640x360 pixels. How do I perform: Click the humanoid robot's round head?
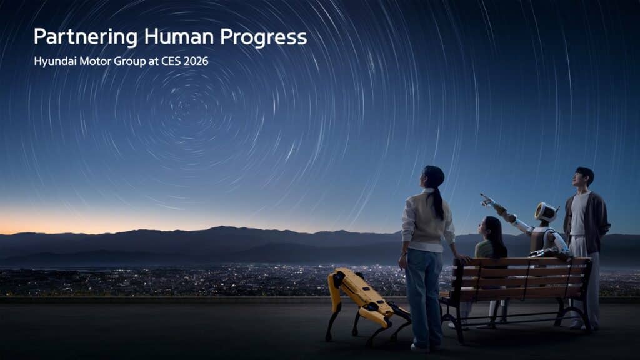(x=546, y=212)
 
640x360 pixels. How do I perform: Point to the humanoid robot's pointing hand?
(x=484, y=199)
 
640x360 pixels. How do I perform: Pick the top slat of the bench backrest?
(x=525, y=262)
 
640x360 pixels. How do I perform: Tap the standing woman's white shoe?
(x=421, y=346)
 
